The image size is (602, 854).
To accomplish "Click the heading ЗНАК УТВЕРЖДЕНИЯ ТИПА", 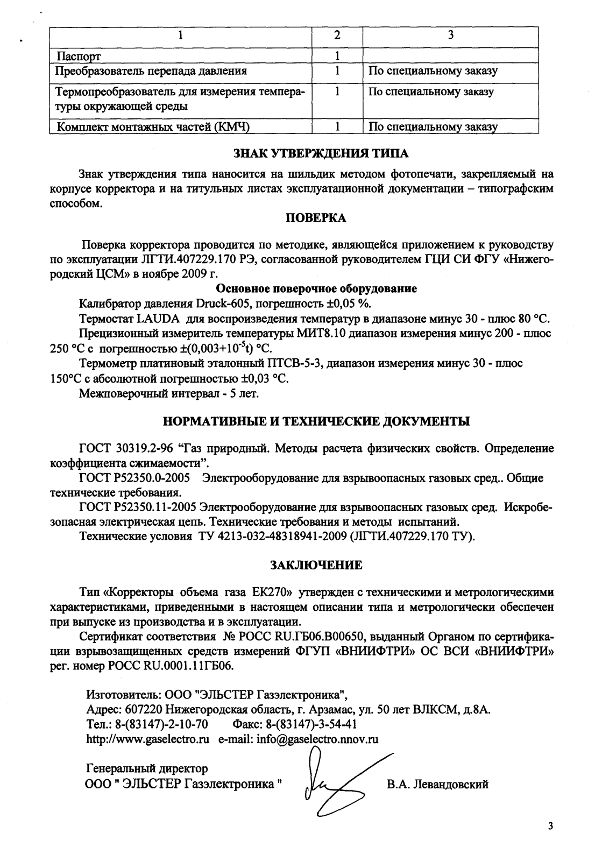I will (321, 153).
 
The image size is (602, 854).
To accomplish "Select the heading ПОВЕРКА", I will (315, 218).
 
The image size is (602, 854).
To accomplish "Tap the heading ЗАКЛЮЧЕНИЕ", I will (316, 565).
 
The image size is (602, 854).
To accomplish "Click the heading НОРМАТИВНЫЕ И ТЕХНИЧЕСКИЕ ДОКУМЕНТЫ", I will (316, 421).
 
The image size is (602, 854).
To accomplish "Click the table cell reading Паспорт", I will (79, 56).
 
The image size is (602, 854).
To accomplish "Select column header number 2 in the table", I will (337, 36).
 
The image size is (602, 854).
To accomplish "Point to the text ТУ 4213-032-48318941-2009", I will (270, 536).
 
